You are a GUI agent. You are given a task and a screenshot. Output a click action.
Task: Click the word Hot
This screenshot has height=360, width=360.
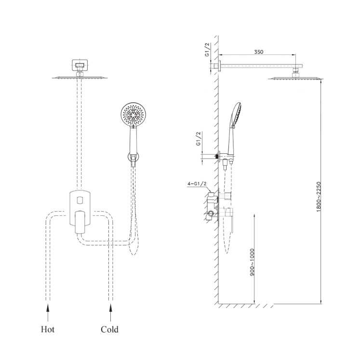pyautogui.click(x=48, y=329)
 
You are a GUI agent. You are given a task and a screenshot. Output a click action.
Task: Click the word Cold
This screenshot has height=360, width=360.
pyautogui.click(x=109, y=329)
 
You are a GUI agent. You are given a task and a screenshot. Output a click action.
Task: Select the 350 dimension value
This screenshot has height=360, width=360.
pyautogui.click(x=258, y=52)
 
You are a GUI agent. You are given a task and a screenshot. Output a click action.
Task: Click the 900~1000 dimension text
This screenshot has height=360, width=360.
pyautogui.click(x=252, y=262)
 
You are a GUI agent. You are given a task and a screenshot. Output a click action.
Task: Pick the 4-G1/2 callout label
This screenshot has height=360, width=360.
pyautogui.click(x=197, y=184)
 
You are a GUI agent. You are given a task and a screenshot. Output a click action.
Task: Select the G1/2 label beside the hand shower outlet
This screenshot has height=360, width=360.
pyautogui.click(x=199, y=138)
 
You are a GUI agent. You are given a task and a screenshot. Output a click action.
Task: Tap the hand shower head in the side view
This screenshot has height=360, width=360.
pyautogui.click(x=236, y=115)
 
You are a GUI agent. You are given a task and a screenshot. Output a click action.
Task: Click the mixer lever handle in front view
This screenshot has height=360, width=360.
pyautogui.click(x=80, y=222)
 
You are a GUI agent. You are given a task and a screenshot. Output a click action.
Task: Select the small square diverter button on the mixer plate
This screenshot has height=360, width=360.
pyautogui.click(x=80, y=200)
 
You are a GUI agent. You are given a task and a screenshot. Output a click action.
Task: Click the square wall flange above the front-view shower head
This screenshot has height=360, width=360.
pyautogui.click(x=80, y=66)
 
